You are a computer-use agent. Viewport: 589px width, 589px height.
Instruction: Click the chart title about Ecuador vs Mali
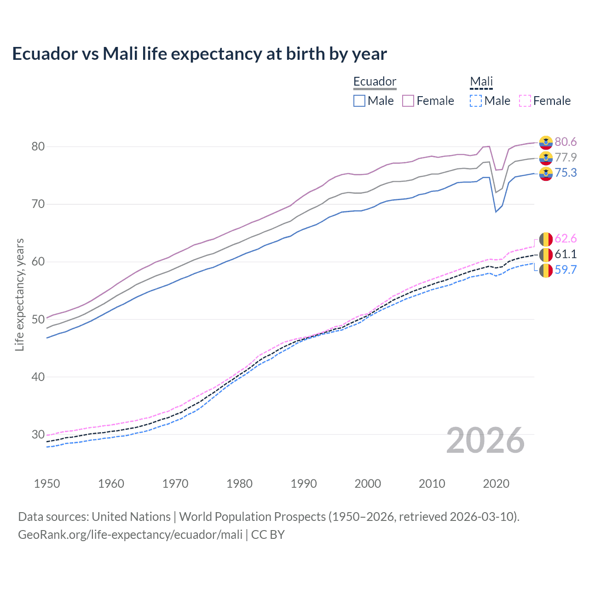[x=199, y=54]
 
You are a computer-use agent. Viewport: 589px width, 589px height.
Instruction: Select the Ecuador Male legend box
[x=359, y=101]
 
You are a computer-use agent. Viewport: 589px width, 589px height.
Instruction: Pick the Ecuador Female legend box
[x=408, y=101]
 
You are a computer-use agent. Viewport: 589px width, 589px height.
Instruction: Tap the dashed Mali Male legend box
[x=476, y=101]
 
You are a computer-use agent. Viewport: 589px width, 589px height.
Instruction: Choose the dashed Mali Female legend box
[x=525, y=101]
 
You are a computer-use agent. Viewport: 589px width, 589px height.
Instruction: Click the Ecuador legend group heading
[x=375, y=81]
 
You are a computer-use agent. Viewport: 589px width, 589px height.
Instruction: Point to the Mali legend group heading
[x=481, y=81]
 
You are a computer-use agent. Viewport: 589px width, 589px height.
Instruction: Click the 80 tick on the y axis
[x=38, y=146]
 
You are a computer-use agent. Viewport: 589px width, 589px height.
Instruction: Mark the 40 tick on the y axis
[x=38, y=377]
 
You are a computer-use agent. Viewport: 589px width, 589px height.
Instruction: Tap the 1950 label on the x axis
[x=47, y=484]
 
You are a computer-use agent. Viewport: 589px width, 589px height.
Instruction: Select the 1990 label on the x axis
[x=304, y=484]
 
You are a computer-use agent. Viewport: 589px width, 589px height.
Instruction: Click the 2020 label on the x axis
[x=496, y=484]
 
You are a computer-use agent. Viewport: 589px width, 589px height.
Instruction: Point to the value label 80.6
[x=566, y=142]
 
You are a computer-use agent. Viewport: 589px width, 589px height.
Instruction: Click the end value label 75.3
[x=566, y=173]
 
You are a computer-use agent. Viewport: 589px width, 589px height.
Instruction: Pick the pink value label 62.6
[x=566, y=238]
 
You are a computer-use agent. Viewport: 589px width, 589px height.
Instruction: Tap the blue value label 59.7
[x=566, y=270]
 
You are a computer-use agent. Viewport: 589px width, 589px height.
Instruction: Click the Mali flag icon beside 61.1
[x=546, y=254]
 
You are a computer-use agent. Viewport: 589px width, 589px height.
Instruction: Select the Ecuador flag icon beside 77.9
[x=546, y=158]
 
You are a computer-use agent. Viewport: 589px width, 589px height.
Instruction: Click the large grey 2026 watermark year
[x=485, y=440]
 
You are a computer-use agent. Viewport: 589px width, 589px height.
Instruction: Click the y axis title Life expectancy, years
[x=19, y=294]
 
